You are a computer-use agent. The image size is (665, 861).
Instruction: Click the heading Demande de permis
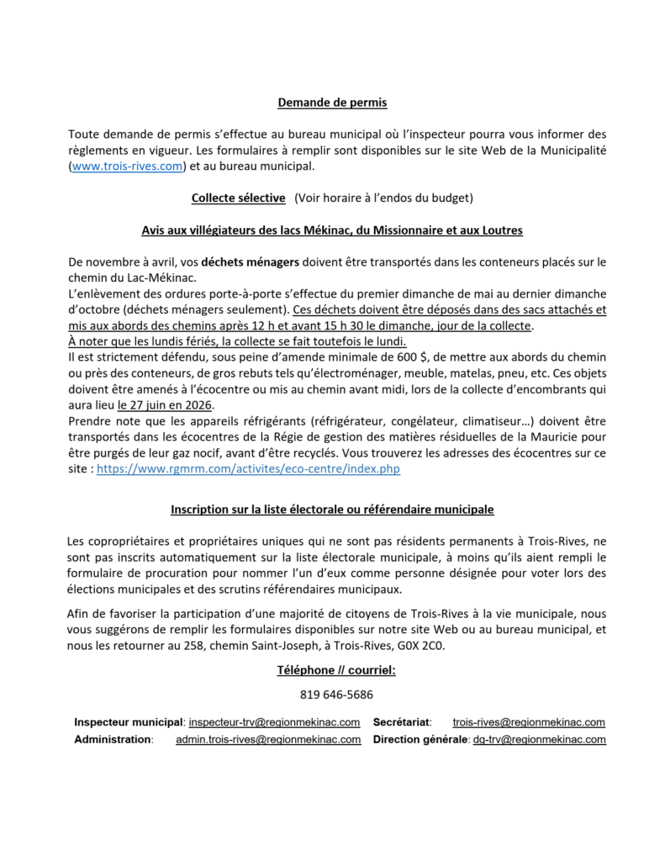coord(332,103)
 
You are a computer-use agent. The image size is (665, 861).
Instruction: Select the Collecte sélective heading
coord(238,198)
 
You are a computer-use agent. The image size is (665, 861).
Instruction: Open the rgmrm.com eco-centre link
coord(249,469)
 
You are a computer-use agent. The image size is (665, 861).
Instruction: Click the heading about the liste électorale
coord(332,510)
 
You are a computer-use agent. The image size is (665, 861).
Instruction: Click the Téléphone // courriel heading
coord(335,670)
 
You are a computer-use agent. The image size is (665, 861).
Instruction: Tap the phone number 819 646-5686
coord(336,695)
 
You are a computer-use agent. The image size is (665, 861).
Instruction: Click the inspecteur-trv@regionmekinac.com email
coord(275,722)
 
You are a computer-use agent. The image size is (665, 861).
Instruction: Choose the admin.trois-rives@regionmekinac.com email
coord(268,740)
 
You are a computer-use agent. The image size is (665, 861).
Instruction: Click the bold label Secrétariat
coord(402,722)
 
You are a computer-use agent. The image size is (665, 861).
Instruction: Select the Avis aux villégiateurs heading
coord(332,230)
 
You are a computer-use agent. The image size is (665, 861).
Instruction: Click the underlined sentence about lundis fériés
coord(237,341)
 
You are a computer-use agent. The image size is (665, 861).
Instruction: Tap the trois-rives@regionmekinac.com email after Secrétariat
coord(529,722)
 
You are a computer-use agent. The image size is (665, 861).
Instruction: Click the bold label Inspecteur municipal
coord(129,722)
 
